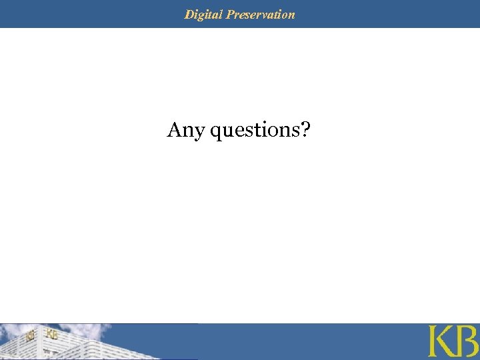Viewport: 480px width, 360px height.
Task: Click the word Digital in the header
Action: point(204,14)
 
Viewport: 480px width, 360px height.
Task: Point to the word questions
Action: point(254,131)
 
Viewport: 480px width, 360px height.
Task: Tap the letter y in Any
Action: point(199,132)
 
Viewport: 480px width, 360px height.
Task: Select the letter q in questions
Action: point(216,132)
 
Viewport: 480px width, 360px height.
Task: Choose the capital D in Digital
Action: point(189,14)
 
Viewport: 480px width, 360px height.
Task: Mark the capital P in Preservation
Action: point(230,14)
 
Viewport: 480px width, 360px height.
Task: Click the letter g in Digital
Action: point(203,15)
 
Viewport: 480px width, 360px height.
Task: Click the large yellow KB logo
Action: point(453,341)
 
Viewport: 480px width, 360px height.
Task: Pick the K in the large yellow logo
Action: point(441,341)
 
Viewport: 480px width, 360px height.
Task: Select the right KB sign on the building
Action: point(52,334)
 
